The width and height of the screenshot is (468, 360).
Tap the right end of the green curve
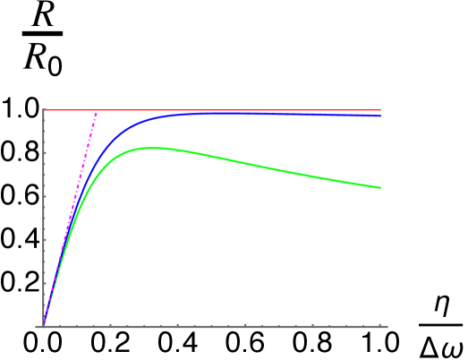(380, 187)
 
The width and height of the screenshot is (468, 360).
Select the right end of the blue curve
(380, 116)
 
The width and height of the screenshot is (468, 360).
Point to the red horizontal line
(224, 110)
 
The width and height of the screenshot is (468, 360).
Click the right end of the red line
(380, 110)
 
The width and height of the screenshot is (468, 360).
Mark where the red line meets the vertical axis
(44, 110)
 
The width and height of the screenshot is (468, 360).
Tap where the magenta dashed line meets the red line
(96, 110)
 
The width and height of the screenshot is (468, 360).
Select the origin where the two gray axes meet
(44, 326)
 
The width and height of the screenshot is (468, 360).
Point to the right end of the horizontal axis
(387, 326)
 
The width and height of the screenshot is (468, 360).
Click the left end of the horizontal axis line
(36, 326)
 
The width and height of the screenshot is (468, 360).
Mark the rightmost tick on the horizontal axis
(380, 324)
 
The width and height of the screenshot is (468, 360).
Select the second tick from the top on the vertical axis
(45, 153)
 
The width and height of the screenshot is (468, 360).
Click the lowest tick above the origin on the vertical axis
(45, 283)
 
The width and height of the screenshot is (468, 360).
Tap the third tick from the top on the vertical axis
(45, 196)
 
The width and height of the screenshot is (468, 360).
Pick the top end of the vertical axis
(44, 108)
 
